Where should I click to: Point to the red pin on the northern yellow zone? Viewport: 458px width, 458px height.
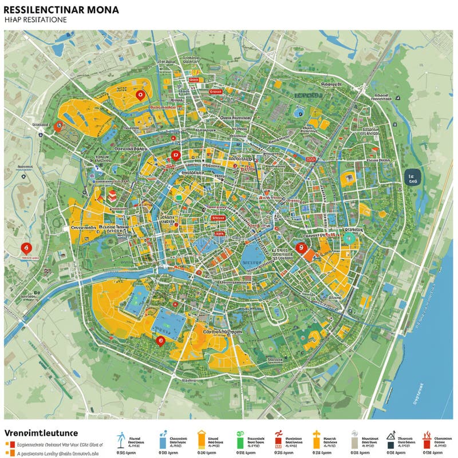139,95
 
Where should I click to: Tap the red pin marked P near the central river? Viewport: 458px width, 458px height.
175,155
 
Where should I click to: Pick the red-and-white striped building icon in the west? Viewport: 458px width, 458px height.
112,195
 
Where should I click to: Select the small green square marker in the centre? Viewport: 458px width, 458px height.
179,197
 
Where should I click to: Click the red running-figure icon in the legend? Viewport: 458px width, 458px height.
279,439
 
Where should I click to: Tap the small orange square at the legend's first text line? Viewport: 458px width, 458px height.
6,444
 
